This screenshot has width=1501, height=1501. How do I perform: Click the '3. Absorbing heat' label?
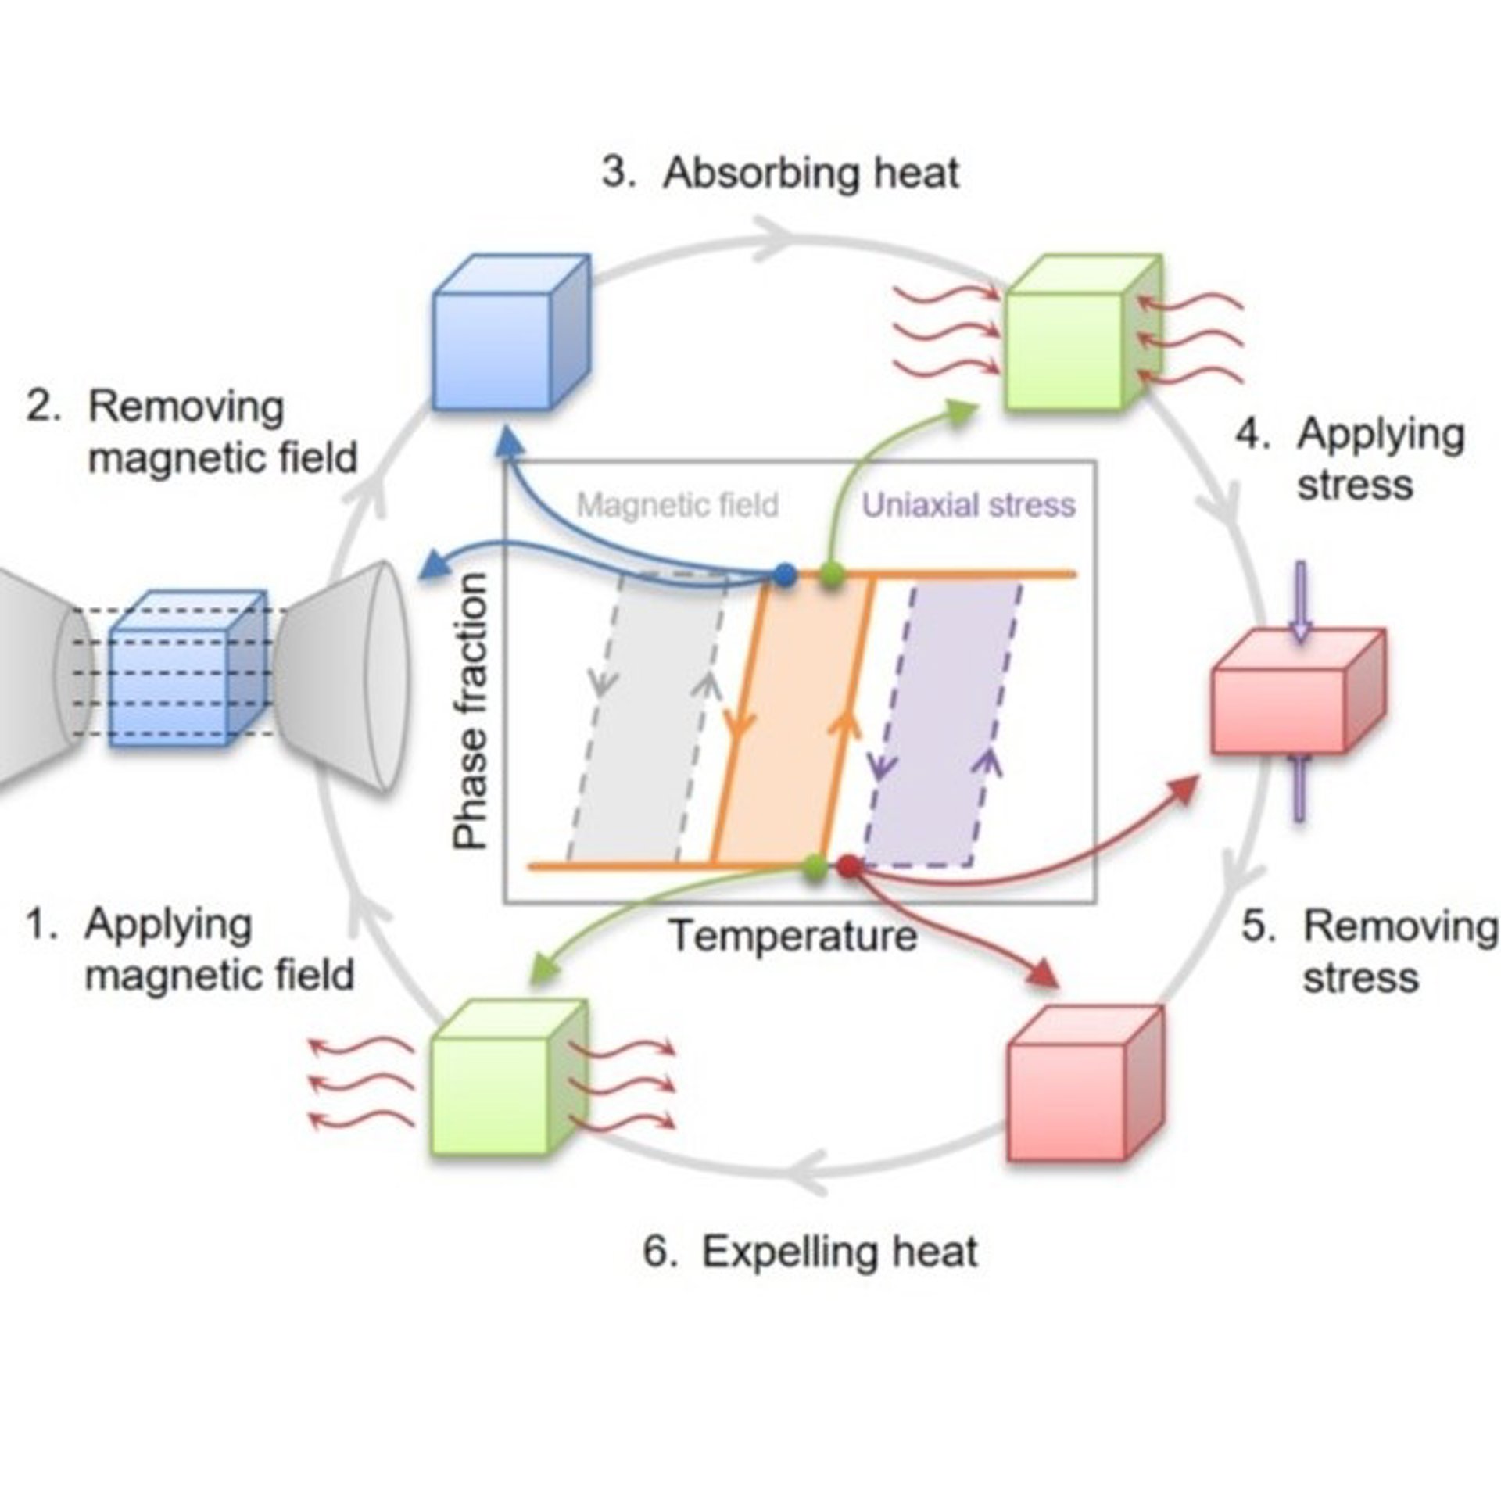tap(780, 173)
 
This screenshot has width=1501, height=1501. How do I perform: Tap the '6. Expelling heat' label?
tap(810, 1252)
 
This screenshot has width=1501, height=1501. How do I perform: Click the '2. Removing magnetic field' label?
tap(192, 432)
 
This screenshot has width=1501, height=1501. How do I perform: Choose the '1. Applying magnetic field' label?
tap(190, 949)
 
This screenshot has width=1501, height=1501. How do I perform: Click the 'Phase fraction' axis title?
tap(471, 711)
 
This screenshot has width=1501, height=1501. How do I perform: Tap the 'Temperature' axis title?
tap(793, 936)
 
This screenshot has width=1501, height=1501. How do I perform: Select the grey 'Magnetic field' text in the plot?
tap(677, 505)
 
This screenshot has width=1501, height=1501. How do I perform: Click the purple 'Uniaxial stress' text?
tap(969, 506)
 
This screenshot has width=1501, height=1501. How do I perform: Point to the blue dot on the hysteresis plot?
tap(785, 575)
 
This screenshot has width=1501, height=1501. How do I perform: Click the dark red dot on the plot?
tap(848, 865)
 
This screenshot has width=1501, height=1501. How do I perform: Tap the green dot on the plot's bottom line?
tap(815, 865)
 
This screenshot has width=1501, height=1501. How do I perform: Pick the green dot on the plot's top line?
tap(833, 575)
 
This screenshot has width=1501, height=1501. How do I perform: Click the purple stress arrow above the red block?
tap(1300, 601)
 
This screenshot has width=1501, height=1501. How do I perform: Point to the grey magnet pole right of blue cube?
tap(344, 677)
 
